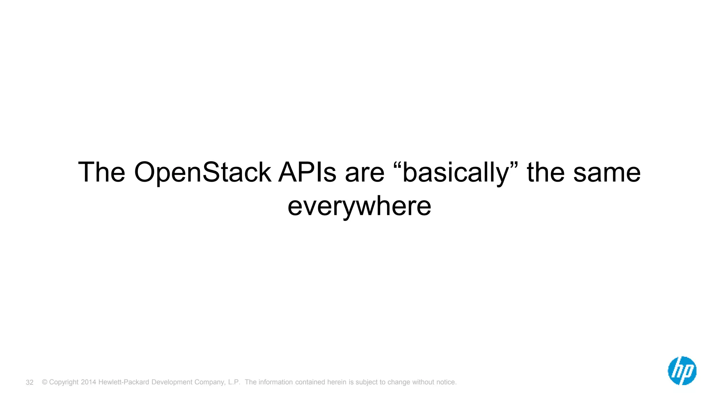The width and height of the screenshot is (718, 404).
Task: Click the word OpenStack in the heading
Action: point(202,173)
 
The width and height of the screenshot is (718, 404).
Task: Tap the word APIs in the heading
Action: point(307,173)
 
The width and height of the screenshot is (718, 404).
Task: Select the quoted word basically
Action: point(455,173)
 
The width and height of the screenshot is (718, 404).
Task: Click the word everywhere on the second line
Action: point(359,207)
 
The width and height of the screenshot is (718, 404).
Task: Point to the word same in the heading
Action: point(607,173)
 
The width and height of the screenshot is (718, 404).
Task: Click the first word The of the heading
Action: point(102,173)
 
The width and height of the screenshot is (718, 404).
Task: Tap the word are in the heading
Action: point(365,173)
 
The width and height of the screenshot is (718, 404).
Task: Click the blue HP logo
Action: point(682,371)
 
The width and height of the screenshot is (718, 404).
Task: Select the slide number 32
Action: point(29,383)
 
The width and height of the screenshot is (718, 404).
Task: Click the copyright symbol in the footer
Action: point(45,382)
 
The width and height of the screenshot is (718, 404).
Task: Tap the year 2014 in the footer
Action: point(88,382)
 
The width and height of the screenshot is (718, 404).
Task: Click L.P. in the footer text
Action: point(234,382)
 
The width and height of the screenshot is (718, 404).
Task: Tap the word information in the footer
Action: point(276,382)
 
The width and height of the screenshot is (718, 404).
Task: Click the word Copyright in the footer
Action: point(64,382)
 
